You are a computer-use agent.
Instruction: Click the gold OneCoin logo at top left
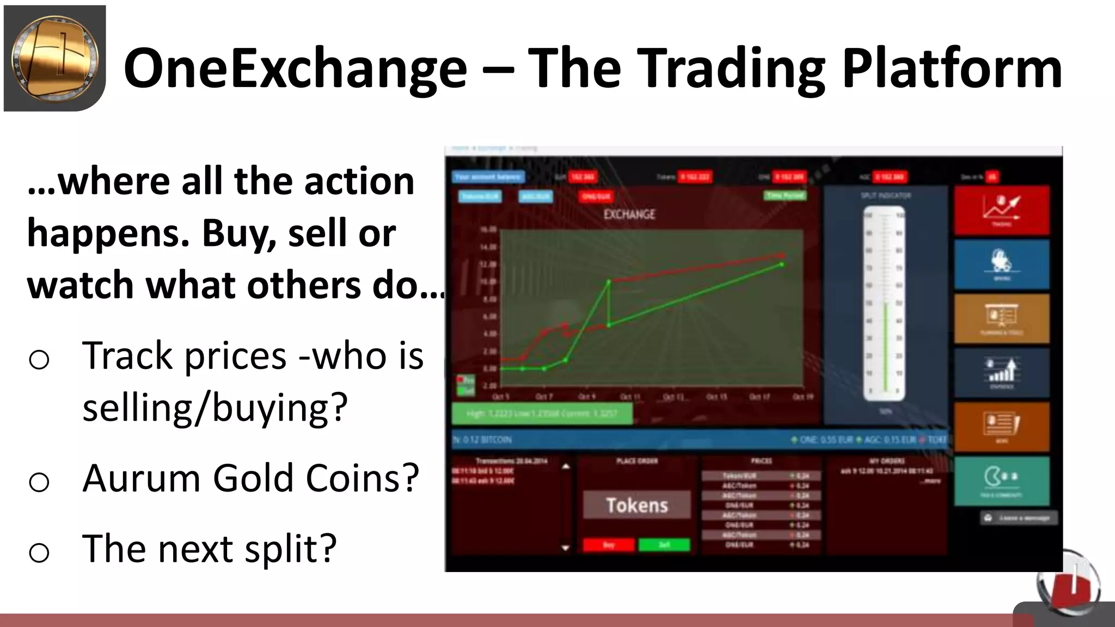pos(54,58)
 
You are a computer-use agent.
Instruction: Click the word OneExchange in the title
pos(295,67)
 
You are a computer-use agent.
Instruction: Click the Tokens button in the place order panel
pos(636,505)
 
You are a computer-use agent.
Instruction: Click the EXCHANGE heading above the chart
pos(629,214)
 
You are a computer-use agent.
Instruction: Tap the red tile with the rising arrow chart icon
pos(1001,210)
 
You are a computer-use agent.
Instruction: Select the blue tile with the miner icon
pos(1001,264)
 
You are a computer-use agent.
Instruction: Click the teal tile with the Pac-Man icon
pos(1001,481)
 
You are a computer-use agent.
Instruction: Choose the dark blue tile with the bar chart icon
pos(1001,372)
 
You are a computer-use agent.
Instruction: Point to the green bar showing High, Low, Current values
pos(542,414)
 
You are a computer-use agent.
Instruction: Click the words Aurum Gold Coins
pos(250,478)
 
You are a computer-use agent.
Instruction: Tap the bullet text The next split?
pos(210,548)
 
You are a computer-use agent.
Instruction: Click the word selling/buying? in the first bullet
pos(215,407)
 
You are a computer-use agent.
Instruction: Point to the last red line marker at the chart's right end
pos(782,255)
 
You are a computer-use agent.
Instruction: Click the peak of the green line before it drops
pos(609,281)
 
